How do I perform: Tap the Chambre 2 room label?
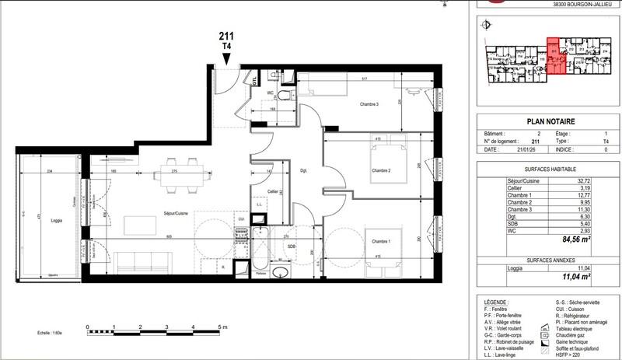pos(379,171)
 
